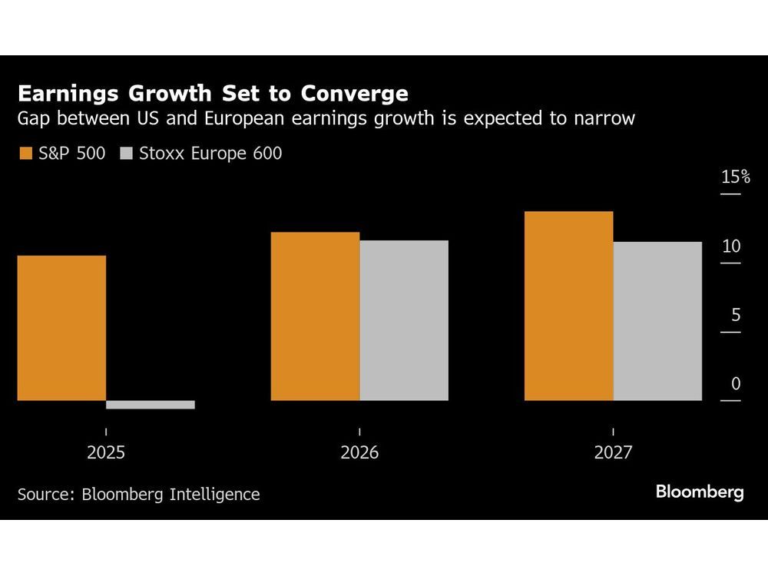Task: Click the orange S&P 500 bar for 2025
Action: [61, 328]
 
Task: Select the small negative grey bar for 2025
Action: [151, 405]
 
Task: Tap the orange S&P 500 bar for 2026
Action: [315, 316]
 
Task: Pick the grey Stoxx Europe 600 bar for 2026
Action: [404, 320]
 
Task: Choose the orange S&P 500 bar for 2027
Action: [568, 306]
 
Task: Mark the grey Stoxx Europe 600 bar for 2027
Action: [657, 321]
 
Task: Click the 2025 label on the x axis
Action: [106, 453]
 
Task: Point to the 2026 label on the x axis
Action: [359, 453]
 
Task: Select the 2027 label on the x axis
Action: [613, 453]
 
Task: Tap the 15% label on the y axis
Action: [735, 177]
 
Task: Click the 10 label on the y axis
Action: [731, 247]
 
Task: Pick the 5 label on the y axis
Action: [736, 315]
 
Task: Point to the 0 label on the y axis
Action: [736, 384]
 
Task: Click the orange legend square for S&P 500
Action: [25, 154]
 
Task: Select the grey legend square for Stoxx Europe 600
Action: [127, 154]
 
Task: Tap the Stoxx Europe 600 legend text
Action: [210, 154]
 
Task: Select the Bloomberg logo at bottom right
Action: [700, 492]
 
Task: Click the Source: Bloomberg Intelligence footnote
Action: [138, 494]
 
